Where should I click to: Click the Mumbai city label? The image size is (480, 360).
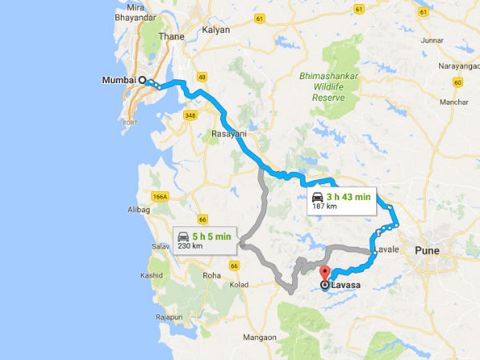(118, 80)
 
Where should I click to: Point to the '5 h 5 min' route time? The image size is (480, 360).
(212, 236)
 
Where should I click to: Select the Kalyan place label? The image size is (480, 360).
(216, 30)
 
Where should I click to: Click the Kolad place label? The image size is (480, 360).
(241, 284)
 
